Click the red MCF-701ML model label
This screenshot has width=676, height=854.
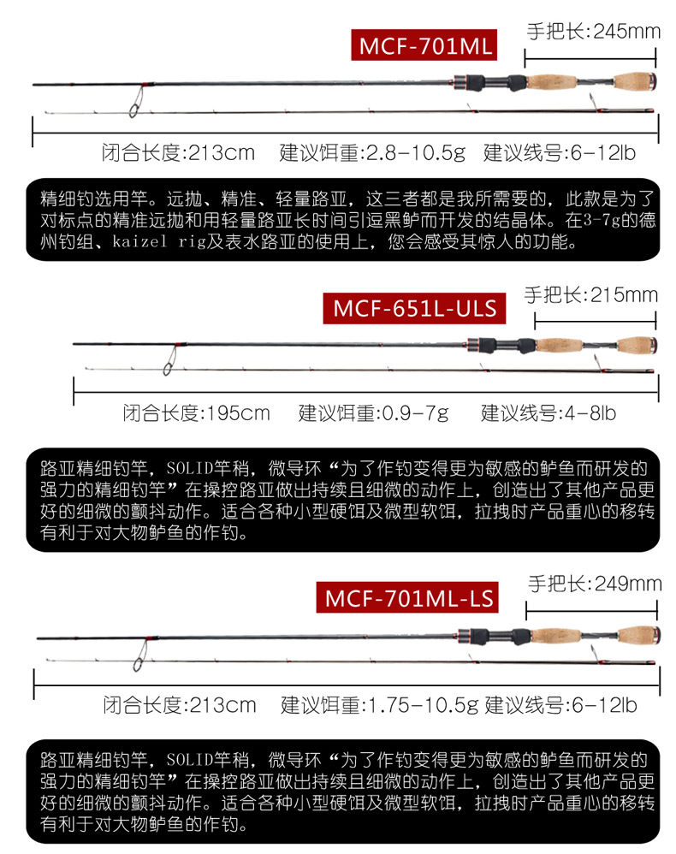(424, 44)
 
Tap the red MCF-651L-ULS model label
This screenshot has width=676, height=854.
(414, 308)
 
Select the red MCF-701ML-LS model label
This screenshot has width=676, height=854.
(407, 598)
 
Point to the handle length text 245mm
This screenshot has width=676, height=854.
(627, 32)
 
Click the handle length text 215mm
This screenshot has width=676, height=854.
(625, 295)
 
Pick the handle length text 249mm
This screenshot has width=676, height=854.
(628, 584)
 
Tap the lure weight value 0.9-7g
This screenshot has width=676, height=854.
(415, 413)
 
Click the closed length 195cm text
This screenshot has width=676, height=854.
(238, 413)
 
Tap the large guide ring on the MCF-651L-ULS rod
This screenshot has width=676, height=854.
(170, 361)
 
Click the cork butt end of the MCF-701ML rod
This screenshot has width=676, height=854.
(635, 81)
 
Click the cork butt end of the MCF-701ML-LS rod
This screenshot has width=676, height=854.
(639, 634)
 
